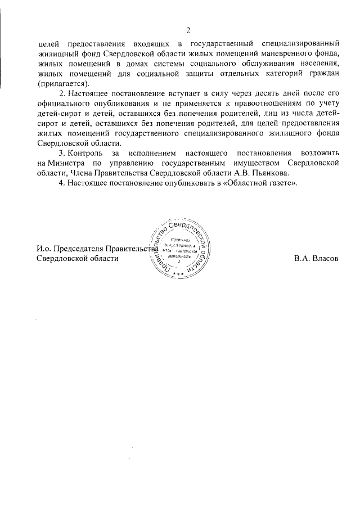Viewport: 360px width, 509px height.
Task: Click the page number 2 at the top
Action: pyautogui.click(x=188, y=30)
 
